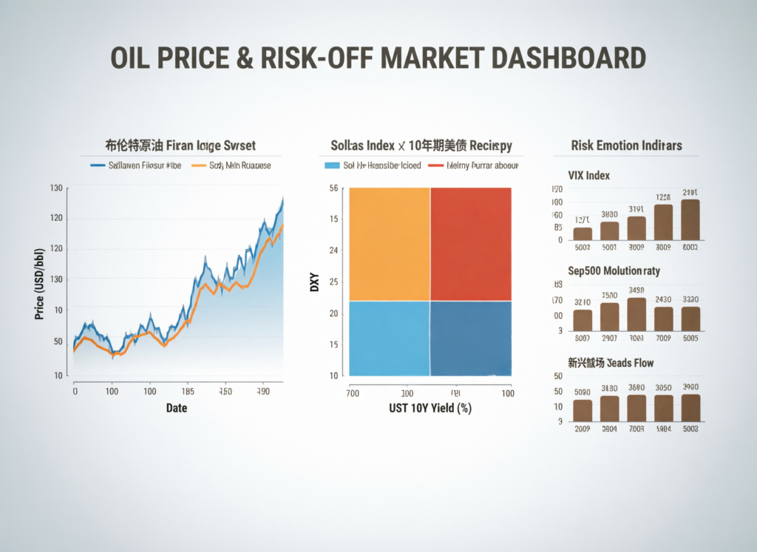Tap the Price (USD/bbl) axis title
(x=38, y=282)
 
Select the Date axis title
(x=176, y=408)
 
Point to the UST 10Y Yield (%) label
(x=430, y=408)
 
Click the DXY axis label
(x=314, y=282)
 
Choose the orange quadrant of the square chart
(x=389, y=244)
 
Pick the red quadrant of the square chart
(x=470, y=244)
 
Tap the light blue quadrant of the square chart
(x=389, y=338)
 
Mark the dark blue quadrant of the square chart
(x=470, y=338)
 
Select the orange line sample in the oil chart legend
(x=198, y=166)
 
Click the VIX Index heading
(x=588, y=176)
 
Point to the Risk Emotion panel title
(x=626, y=145)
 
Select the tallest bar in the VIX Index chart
(x=690, y=220)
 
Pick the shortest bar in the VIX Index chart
(x=583, y=234)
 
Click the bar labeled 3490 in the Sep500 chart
(x=637, y=314)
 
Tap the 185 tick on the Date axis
(x=188, y=392)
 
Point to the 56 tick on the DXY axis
(x=334, y=188)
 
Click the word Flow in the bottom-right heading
(x=639, y=363)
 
